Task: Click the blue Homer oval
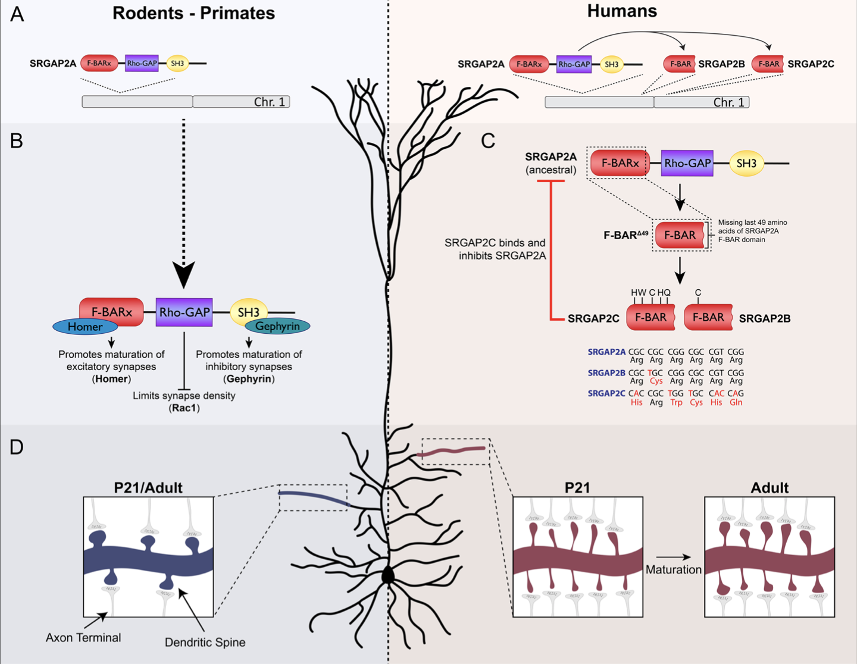pos(85,327)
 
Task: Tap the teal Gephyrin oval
pos(277,326)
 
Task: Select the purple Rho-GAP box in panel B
pos(184,312)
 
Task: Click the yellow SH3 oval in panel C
pos(746,164)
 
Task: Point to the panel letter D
pos(16,447)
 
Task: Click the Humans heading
pos(622,11)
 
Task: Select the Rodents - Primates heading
pos(193,13)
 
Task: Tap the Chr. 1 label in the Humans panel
pos(728,102)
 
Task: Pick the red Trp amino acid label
pos(676,403)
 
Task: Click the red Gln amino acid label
pos(736,403)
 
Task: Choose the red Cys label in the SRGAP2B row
pos(656,381)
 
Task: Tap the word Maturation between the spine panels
pos(674,569)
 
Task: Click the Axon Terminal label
pos(83,638)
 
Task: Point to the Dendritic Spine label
pos(205,643)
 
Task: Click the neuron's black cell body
pos(388,576)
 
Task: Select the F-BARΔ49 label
pos(625,235)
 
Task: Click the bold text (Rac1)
pos(184,408)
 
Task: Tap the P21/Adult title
pos(148,488)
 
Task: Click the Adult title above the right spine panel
pos(770,488)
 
